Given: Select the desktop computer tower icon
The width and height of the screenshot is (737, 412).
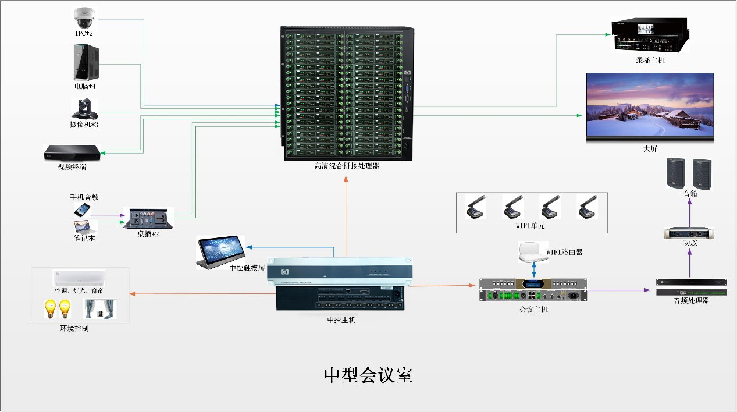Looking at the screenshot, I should [85, 63].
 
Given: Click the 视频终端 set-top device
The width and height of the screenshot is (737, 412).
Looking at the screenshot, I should [73, 153].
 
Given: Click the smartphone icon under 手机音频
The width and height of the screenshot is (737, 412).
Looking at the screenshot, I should [80, 209].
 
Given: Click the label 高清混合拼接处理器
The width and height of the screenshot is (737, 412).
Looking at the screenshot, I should [347, 166].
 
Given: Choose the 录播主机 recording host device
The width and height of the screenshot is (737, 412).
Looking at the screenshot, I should [650, 37].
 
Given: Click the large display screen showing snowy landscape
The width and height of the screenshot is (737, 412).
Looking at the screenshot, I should [650, 107].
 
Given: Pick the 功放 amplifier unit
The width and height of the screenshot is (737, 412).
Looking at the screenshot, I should [689, 233].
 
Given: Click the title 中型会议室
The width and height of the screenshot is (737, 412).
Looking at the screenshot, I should [368, 375].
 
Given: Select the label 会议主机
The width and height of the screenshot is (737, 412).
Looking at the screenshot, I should [533, 310].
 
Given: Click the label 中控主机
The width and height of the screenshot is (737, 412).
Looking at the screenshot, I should [341, 319].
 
